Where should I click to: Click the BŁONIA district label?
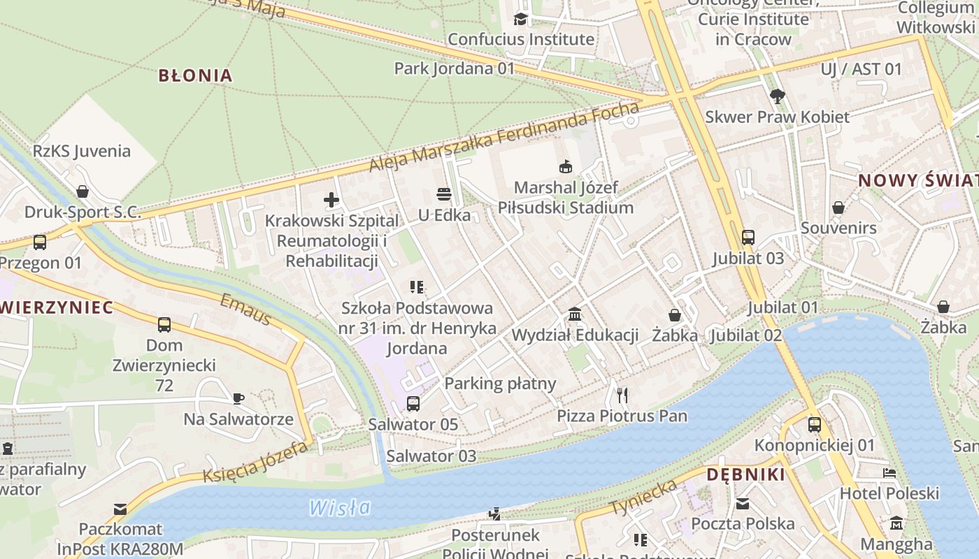[195, 75]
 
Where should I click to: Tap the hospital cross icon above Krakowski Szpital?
[331, 201]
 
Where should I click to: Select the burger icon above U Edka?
[443, 194]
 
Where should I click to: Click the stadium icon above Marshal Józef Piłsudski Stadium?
[565, 166]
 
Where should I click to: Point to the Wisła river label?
[340, 507]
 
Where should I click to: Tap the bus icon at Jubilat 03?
[748, 237]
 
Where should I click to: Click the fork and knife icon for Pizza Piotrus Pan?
[622, 395]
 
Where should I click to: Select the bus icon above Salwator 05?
[413, 403]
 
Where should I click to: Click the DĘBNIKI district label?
[745, 474]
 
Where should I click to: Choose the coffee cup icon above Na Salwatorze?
[238, 398]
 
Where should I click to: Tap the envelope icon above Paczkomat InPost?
[120, 509]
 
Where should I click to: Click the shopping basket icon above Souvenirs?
[838, 208]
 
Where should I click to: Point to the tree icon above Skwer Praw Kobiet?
[776, 96]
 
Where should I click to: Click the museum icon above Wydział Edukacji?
[575, 314]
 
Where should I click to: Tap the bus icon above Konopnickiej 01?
[815, 424]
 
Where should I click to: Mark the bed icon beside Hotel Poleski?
[889, 473]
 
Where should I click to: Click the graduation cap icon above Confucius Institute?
[520, 19]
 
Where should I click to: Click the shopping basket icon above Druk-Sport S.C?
[83, 191]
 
